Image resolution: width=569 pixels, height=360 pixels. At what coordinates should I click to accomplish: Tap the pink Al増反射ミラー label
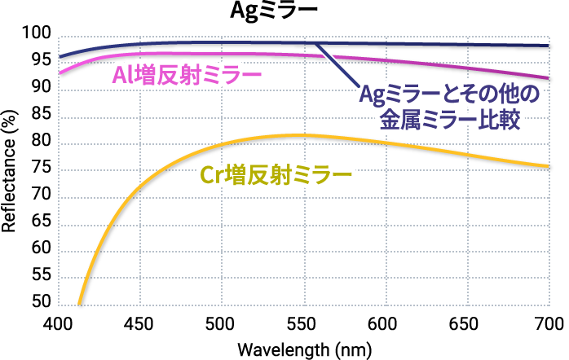pos(183,77)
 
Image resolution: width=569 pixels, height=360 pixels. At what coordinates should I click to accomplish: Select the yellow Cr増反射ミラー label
pos(276,174)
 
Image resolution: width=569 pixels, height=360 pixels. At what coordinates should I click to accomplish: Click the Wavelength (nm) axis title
pos(304,349)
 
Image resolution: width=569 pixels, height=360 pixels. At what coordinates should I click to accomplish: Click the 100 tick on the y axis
pos(37,34)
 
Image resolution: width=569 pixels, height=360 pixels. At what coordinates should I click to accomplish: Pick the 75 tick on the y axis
pos(42,169)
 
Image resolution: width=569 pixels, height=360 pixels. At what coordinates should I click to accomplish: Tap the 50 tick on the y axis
pos(42,302)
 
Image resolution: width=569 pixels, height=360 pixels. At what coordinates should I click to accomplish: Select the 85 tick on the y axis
pos(42,116)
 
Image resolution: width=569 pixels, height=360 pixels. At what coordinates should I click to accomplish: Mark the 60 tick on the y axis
pos(42,249)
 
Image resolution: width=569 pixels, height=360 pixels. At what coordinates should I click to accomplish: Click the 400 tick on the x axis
pos(58,323)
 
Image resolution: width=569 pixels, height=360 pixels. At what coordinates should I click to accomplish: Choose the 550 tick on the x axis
pos(303,323)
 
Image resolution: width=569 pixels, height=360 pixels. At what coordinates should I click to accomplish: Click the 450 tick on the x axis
pos(140,323)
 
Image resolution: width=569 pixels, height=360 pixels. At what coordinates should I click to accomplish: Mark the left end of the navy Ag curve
pos(60,57)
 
